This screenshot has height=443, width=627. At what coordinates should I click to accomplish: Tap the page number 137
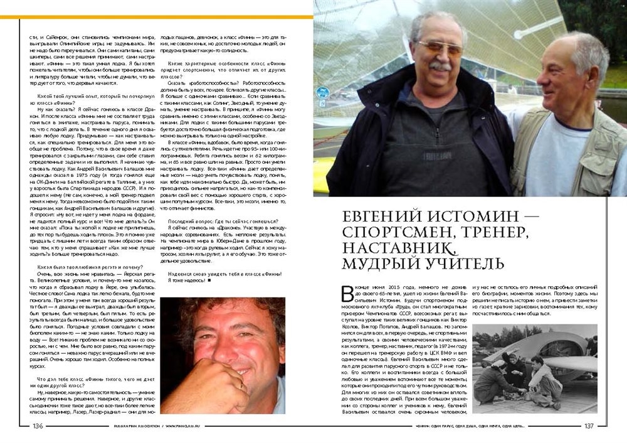pyautogui.click(x=588, y=425)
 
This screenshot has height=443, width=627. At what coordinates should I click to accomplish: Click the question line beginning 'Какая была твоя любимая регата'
pyautogui.click(x=90, y=267)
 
